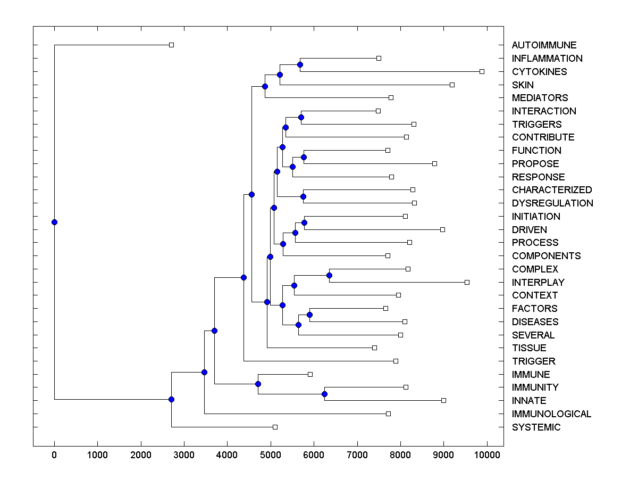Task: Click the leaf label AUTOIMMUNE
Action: [x=544, y=45]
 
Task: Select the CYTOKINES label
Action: [x=539, y=72]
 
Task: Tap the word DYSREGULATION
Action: [x=552, y=203]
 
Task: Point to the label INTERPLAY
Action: [x=538, y=282]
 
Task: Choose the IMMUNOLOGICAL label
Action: [x=551, y=414]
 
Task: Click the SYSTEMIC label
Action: [x=536, y=427]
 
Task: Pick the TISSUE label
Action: [x=529, y=348]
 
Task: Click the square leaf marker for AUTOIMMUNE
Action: [x=171, y=45]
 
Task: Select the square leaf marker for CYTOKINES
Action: [x=482, y=71]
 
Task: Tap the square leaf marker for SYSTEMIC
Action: [x=275, y=427]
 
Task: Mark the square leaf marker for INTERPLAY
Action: [x=467, y=282]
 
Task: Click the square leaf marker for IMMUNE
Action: [x=310, y=374]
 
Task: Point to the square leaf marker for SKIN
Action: [x=452, y=85]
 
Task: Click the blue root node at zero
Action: [x=54, y=222]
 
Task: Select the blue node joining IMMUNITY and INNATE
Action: [x=324, y=394]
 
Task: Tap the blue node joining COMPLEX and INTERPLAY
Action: [x=329, y=275]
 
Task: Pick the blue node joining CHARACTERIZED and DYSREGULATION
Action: [x=303, y=196]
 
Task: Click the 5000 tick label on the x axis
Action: [x=271, y=455]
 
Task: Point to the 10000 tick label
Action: [x=487, y=455]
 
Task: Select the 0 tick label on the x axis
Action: [x=54, y=455]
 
